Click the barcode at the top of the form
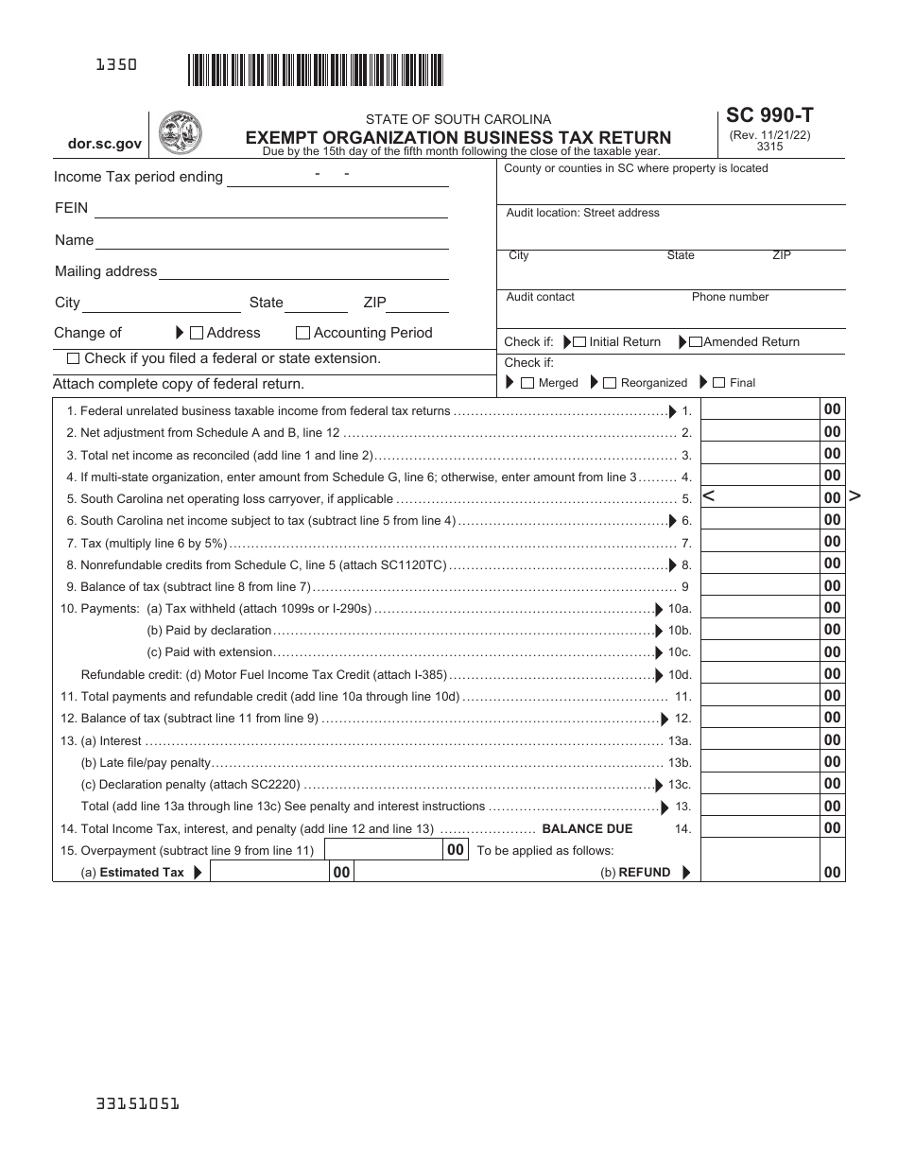tap(315, 71)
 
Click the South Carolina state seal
tap(180, 132)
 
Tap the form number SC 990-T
tap(769, 116)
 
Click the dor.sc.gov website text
tap(105, 145)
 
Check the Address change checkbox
tap(197, 333)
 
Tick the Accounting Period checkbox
tap(302, 333)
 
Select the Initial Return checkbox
tap(579, 342)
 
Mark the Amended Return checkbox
tap(696, 342)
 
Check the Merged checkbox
tap(528, 383)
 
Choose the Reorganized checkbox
tap(611, 383)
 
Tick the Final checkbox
tap(719, 383)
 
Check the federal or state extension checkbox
tap(74, 359)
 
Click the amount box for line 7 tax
tap(760, 542)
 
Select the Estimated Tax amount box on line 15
tap(269, 873)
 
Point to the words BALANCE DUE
tap(587, 828)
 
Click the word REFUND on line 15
tap(645, 873)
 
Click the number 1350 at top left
tap(116, 65)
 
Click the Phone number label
tap(730, 297)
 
